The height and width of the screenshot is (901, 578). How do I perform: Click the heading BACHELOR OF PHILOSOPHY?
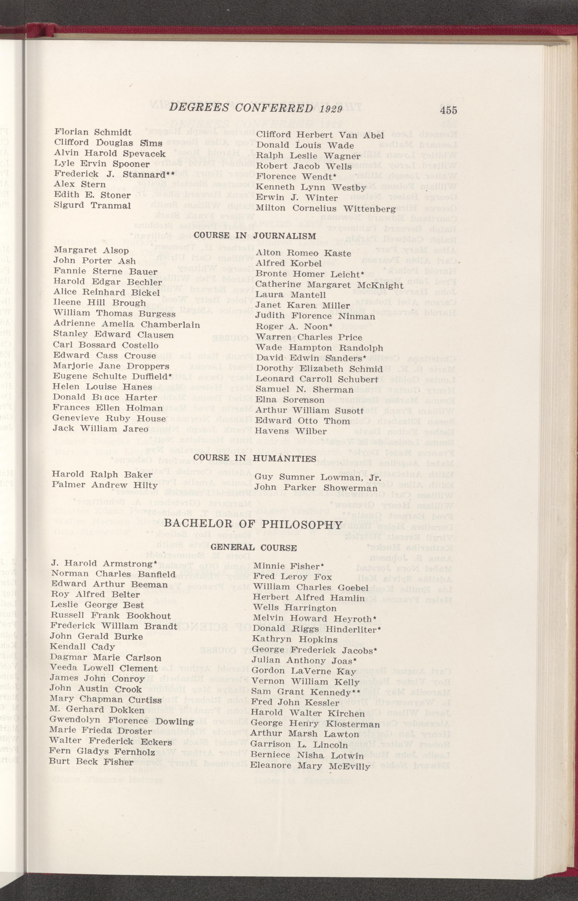tap(253, 525)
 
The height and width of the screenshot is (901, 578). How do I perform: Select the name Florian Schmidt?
tap(93, 132)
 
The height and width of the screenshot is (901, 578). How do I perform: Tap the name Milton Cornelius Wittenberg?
tap(325, 208)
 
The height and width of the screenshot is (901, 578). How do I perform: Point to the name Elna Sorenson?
tap(290, 400)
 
